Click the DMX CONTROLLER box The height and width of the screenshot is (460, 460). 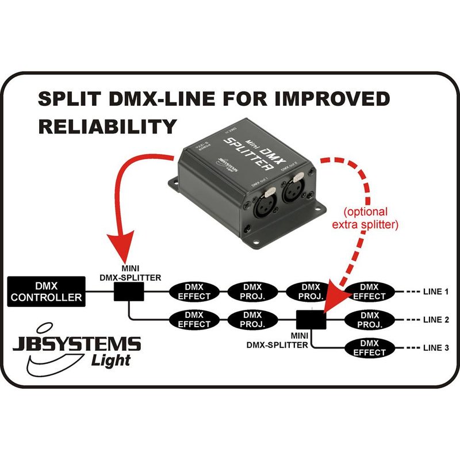coord(47,291)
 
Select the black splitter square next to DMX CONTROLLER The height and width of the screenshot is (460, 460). coord(129,293)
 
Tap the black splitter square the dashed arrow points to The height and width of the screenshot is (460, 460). coord(312,319)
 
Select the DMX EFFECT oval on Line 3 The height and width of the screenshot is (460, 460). coord(369,348)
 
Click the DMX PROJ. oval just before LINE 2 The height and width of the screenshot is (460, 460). coord(369,320)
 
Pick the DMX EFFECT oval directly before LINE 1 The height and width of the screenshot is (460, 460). coord(369,292)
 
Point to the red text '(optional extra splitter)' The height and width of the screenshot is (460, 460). coord(365,218)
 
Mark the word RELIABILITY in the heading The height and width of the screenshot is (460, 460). coord(106,125)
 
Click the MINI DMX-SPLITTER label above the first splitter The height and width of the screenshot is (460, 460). coord(129,273)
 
